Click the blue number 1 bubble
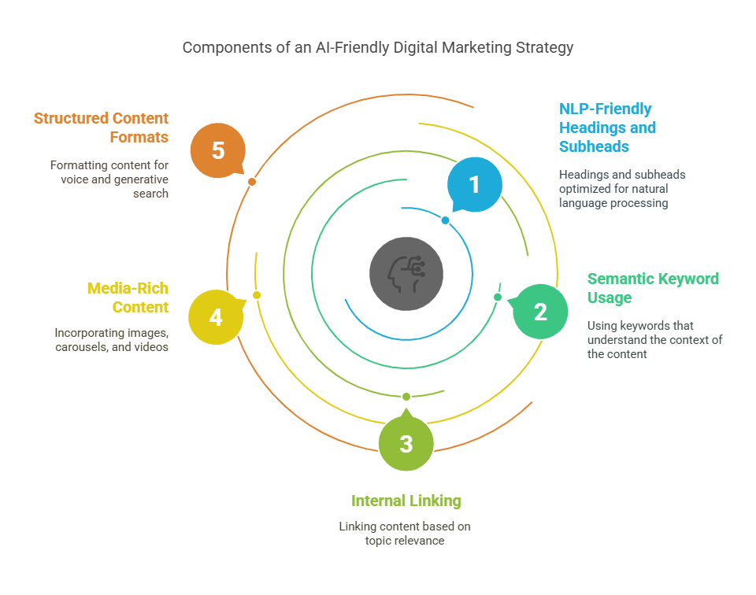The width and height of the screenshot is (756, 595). (x=475, y=184)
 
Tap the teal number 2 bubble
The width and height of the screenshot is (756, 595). (x=540, y=312)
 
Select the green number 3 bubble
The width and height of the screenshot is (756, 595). (x=406, y=442)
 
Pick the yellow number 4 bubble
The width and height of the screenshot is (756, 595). (x=216, y=317)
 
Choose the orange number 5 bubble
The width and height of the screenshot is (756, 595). (x=218, y=150)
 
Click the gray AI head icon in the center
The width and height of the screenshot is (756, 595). (x=406, y=274)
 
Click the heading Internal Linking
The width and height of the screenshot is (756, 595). (x=406, y=501)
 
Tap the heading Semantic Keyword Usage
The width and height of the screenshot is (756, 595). (x=653, y=288)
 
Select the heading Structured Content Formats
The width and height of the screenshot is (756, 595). (x=101, y=128)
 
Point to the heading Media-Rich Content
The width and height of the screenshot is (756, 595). (x=128, y=297)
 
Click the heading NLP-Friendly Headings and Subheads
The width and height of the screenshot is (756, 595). (x=607, y=128)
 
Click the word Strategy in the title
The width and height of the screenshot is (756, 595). (x=544, y=48)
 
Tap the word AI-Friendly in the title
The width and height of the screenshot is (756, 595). (x=352, y=48)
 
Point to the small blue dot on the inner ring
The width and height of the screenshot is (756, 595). (x=446, y=220)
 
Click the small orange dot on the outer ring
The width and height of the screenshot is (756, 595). (x=252, y=182)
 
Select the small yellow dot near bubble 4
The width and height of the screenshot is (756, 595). (x=257, y=295)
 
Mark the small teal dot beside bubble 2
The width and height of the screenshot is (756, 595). (x=498, y=297)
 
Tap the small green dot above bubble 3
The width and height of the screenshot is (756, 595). (x=406, y=397)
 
